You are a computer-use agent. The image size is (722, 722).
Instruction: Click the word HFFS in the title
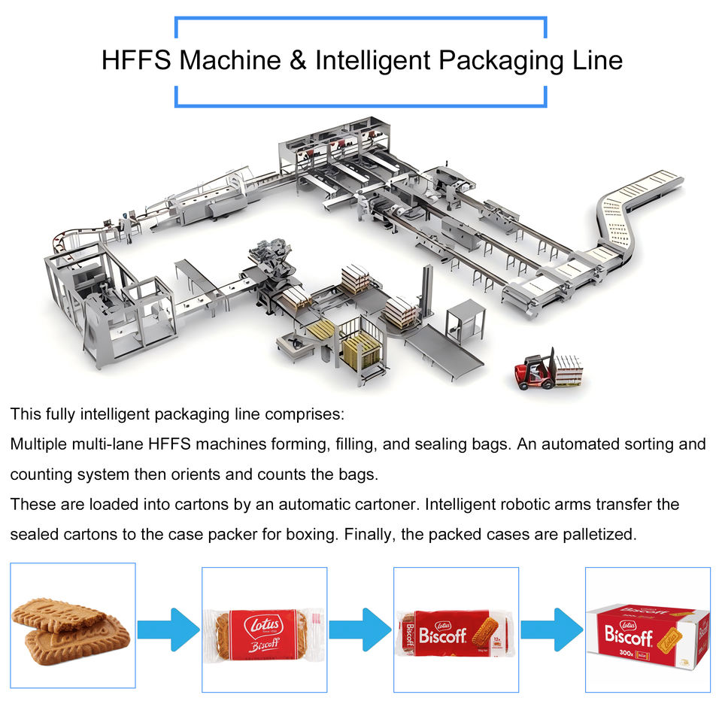click(136, 60)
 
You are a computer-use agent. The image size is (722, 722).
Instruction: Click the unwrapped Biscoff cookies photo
click(72, 626)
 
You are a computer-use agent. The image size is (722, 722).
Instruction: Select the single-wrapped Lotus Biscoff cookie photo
click(264, 630)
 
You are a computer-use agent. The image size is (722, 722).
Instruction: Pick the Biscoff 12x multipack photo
click(456, 630)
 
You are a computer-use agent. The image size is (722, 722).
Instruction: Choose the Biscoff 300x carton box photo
click(648, 630)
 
